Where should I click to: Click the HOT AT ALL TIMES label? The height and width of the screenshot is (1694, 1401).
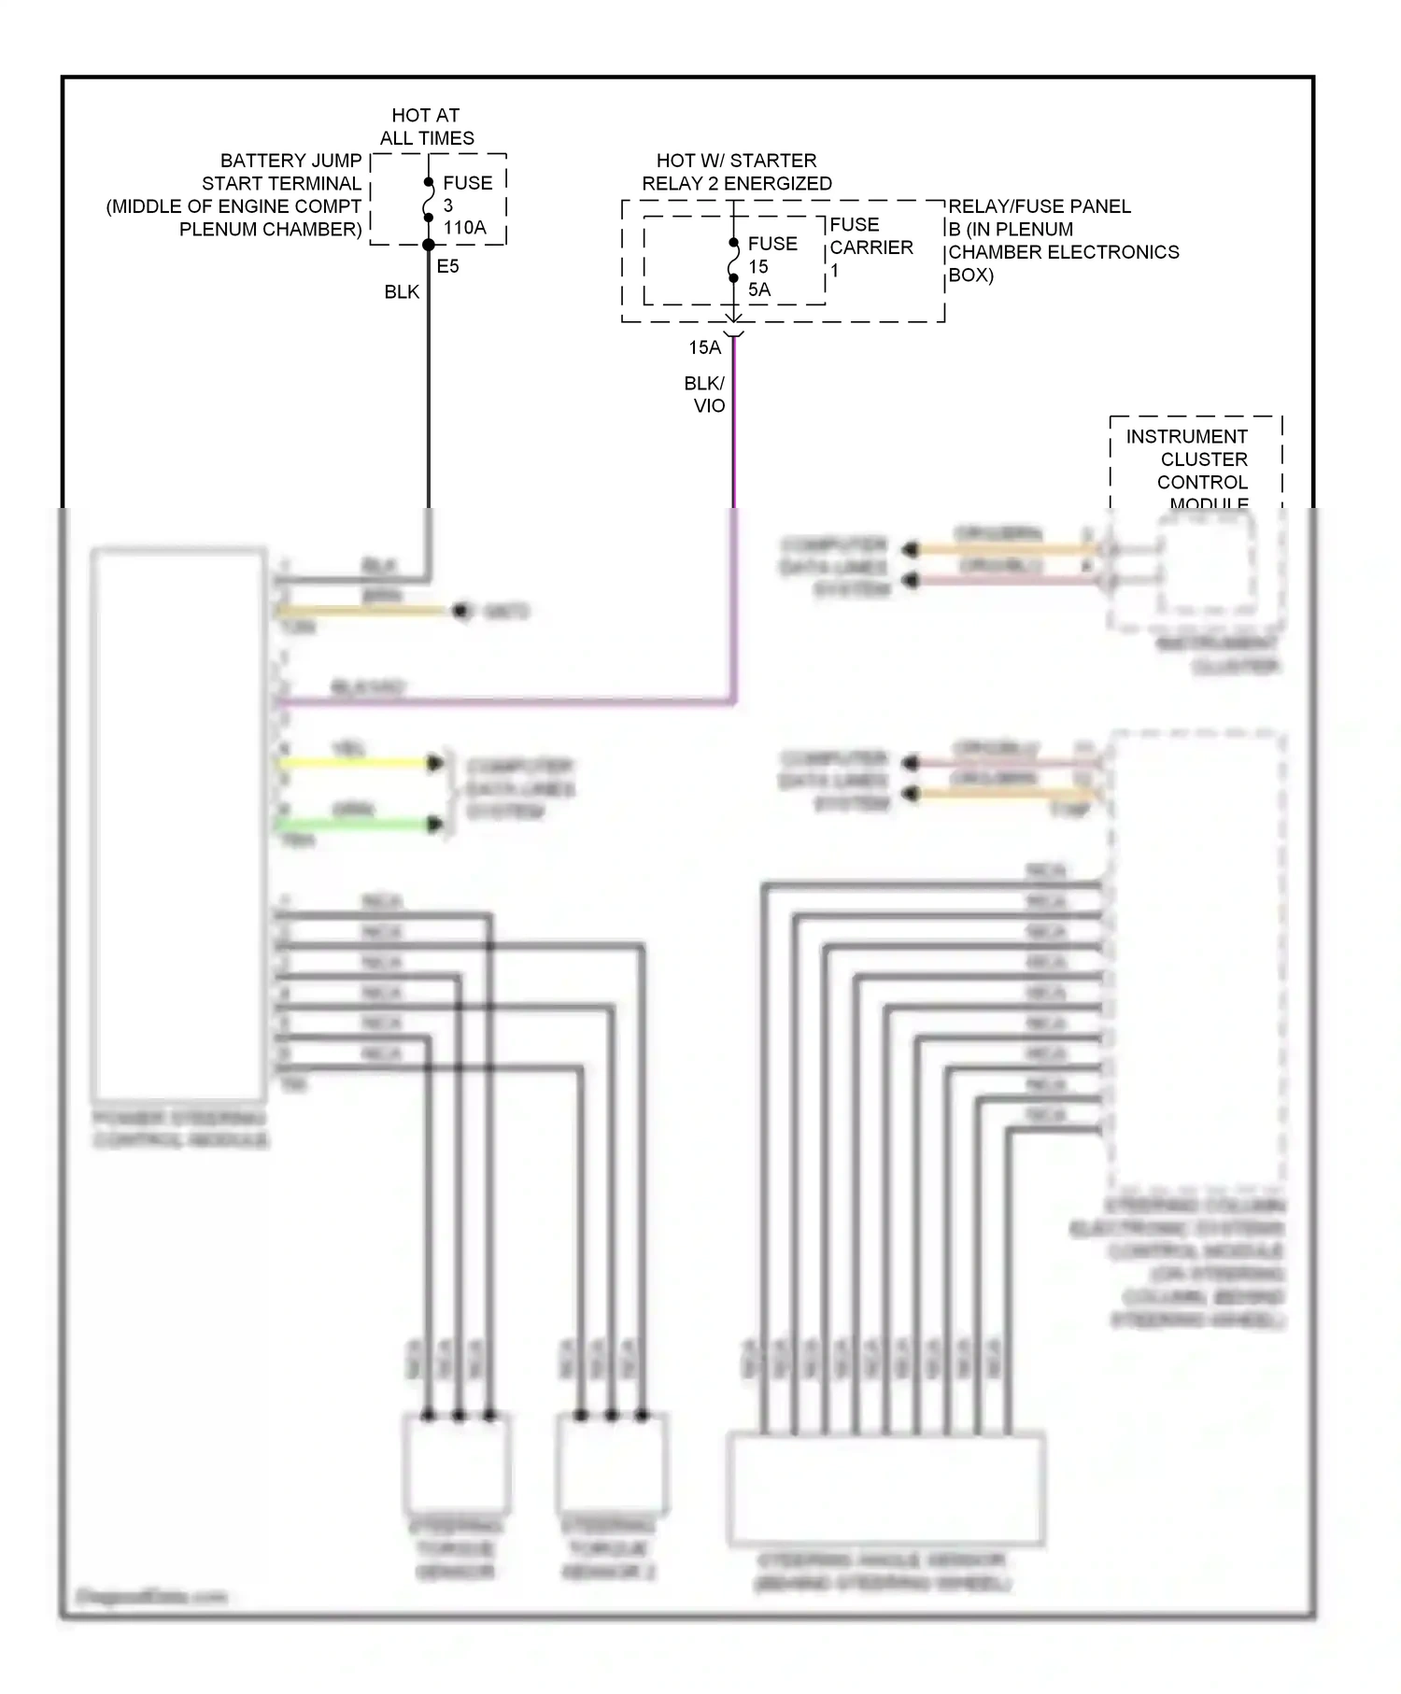[426, 126]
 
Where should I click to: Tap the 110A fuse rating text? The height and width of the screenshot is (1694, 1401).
[464, 228]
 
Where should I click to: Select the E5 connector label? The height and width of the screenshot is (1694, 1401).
[447, 267]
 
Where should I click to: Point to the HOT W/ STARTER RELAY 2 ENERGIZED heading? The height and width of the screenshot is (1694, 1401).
[736, 172]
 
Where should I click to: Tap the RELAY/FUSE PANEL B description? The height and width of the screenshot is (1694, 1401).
[1062, 240]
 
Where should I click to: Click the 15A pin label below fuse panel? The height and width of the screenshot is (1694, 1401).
[704, 347]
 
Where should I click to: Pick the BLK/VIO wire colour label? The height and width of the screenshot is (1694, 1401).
[705, 394]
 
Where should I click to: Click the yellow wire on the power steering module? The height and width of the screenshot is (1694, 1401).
[355, 763]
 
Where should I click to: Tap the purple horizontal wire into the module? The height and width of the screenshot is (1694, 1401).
[504, 701]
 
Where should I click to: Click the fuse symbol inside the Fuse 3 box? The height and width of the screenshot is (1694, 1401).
[429, 200]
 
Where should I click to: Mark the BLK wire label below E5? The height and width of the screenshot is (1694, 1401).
[402, 292]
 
